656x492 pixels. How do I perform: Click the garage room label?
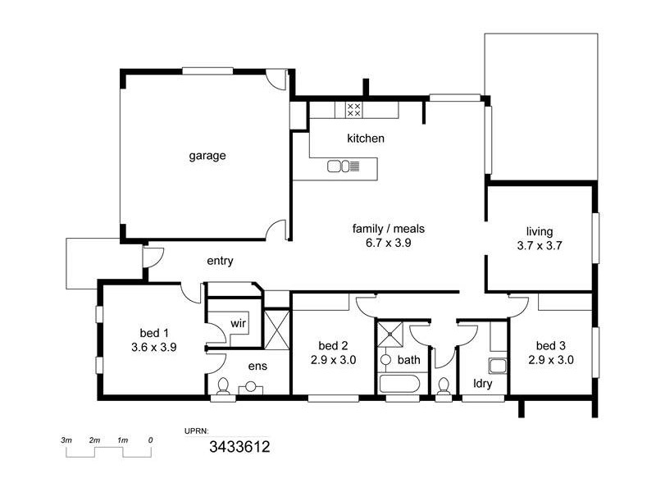207,155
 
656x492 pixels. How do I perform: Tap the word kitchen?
365,139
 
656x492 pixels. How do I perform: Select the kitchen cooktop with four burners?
354,109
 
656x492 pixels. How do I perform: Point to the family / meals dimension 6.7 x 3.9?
389,244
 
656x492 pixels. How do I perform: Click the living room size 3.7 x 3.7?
540,245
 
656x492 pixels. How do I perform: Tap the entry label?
220,262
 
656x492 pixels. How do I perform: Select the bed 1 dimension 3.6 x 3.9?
154,347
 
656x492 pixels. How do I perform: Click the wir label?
238,323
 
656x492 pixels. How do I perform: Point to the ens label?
257,366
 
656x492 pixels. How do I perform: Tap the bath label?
408,359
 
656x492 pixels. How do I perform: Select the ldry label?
482,382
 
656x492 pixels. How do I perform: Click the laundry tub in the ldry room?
497,365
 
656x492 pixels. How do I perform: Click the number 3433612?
240,447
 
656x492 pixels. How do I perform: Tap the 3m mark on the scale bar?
67,440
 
